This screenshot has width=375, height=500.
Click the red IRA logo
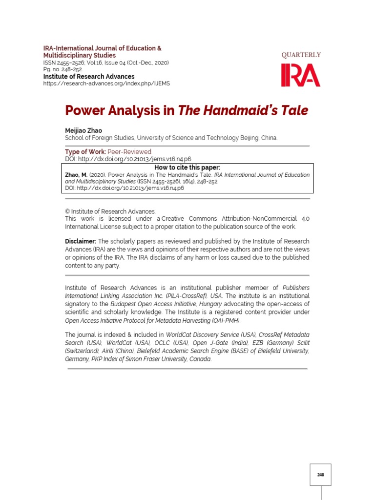(300, 75)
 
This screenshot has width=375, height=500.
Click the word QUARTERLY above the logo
(301, 55)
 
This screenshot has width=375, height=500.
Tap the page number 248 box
(320, 475)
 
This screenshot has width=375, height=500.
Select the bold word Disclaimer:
(81, 242)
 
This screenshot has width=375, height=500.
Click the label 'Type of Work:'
(85, 152)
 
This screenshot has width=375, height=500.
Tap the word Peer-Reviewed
(129, 152)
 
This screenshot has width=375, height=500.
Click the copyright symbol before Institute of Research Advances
(67, 211)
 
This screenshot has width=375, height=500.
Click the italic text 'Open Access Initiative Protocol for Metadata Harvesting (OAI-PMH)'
(153, 321)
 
